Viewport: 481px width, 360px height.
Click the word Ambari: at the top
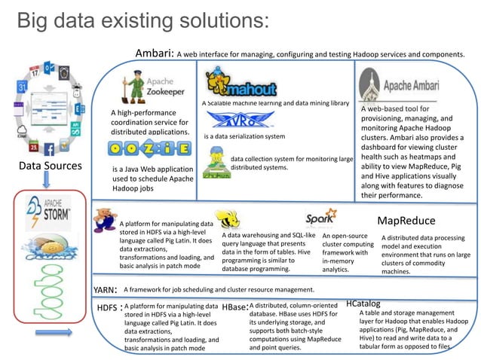point(155,53)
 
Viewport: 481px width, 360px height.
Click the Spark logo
point(320,219)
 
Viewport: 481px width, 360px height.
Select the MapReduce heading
point(406,221)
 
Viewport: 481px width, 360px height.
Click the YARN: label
point(104,289)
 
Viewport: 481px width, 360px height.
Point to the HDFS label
point(108,308)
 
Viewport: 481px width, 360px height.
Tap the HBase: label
point(234,308)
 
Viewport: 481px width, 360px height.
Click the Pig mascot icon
point(106,218)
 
